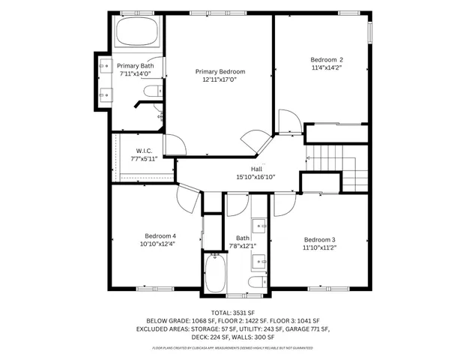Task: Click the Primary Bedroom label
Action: click(x=220, y=71)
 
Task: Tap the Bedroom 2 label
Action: click(x=327, y=60)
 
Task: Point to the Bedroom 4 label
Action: click(x=160, y=235)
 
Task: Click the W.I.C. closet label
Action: click(x=145, y=151)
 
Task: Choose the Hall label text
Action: click(x=256, y=169)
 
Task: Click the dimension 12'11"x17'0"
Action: click(x=220, y=79)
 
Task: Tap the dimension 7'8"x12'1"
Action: click(x=243, y=245)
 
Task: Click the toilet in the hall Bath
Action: click(x=257, y=281)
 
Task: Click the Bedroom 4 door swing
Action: click(x=186, y=199)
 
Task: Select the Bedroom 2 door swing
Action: click(x=288, y=123)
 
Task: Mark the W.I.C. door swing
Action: click(x=171, y=145)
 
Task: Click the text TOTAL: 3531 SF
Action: click(x=232, y=311)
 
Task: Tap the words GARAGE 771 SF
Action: click(x=304, y=328)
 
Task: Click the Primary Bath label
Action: click(x=136, y=66)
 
